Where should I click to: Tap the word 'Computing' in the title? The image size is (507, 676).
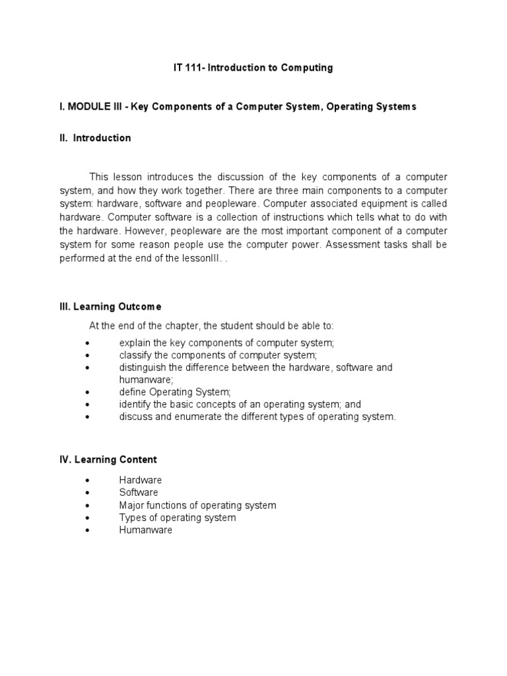[302, 68]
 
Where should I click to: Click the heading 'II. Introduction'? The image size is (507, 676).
[95, 138]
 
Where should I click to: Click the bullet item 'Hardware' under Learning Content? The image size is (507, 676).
[141, 480]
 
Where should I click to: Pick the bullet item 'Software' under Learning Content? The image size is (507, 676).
[139, 492]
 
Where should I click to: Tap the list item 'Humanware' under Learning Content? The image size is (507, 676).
[145, 530]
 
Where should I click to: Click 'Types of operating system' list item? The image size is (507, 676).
[178, 518]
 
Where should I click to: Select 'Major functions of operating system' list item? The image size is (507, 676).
[197, 505]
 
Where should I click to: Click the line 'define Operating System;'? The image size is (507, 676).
[175, 392]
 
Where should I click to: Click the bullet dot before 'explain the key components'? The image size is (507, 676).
[88, 343]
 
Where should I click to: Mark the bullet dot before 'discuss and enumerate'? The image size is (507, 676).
[88, 417]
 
